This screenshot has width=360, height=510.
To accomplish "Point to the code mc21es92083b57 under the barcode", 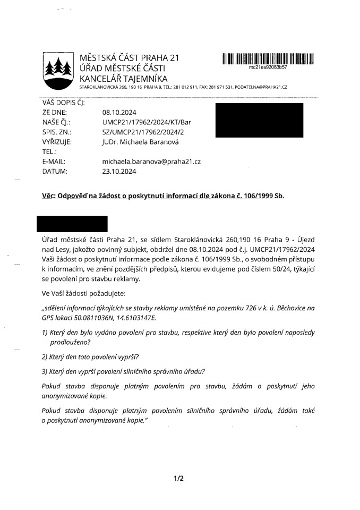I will tap(268, 68).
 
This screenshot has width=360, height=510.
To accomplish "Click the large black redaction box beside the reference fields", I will tap(259, 121).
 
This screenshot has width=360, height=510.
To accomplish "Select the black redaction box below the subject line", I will tap(71, 224).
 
